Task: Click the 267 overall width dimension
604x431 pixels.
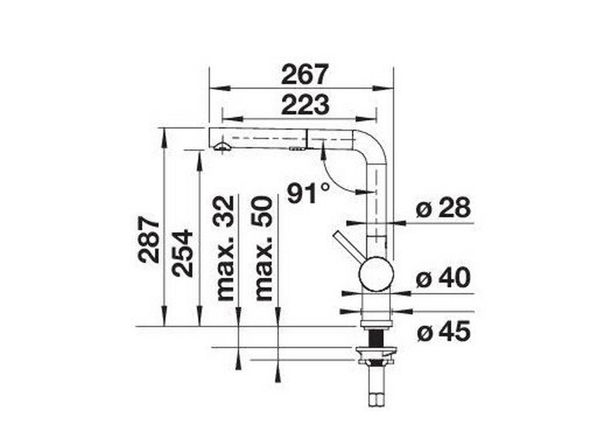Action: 305,75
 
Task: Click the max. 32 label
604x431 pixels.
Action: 225,248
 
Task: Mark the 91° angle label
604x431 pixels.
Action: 309,194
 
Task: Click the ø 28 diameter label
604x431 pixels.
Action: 443,208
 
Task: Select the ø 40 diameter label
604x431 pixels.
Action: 443,278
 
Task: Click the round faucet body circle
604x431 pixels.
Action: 376,273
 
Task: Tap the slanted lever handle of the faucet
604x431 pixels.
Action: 348,247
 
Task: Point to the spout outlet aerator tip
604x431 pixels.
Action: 221,147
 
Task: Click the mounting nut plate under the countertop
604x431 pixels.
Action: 375,352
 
